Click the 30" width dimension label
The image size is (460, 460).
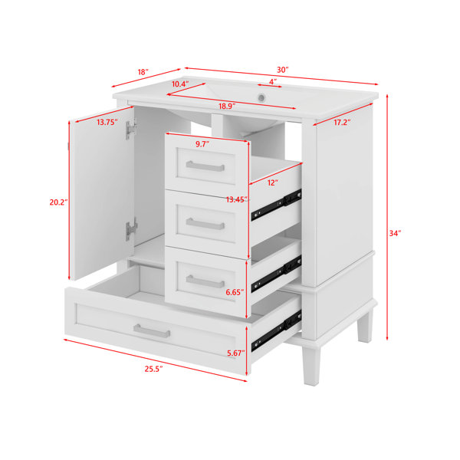coord(282,70)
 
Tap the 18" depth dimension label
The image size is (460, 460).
coord(143,72)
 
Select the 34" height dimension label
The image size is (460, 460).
coord(395,233)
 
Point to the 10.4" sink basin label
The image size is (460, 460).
coord(180,84)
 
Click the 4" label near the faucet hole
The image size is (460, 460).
coord(273,81)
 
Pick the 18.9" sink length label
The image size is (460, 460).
coord(227,107)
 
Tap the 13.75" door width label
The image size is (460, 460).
coord(107,122)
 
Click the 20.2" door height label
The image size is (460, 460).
coord(59,202)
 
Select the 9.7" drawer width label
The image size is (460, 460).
coord(202,144)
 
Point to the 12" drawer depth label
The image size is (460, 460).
coord(272,182)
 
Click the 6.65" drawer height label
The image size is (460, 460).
coord(235,292)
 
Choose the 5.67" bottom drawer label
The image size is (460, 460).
coord(236,353)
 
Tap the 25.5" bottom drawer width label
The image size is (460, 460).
coord(153,369)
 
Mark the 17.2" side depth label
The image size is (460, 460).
coord(342,123)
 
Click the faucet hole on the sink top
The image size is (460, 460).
coord(261,97)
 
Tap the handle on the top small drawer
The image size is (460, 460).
coord(205,166)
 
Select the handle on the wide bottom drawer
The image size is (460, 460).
coord(152,331)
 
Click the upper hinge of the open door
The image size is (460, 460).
coord(131,129)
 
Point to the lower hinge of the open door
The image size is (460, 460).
coord(131,229)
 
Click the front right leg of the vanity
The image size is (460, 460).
coord(311,365)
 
